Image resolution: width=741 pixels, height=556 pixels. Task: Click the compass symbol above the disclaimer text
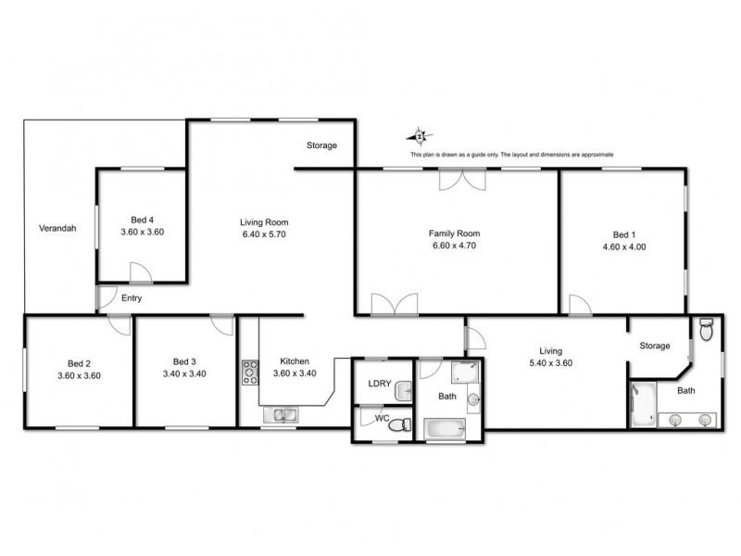pos(421,136)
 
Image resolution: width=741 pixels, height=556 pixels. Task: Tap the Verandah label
pos(57,228)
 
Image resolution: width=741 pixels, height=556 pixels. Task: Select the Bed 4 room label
pos(142,220)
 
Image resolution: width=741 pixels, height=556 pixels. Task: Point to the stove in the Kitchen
pos(249,373)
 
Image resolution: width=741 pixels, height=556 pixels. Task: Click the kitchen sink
pos(279,415)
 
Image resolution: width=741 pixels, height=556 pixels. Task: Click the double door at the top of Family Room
pos(460,180)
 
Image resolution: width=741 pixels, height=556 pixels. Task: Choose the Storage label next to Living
pos(655,346)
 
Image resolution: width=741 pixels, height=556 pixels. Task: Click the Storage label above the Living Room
pos(322,145)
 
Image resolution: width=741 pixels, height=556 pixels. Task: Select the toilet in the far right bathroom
pos(706,329)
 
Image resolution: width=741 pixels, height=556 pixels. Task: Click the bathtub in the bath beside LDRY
pos(446,428)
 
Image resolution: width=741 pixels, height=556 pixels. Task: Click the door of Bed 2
pos(118,323)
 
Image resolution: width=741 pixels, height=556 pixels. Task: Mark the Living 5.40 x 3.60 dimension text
pos(550,363)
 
